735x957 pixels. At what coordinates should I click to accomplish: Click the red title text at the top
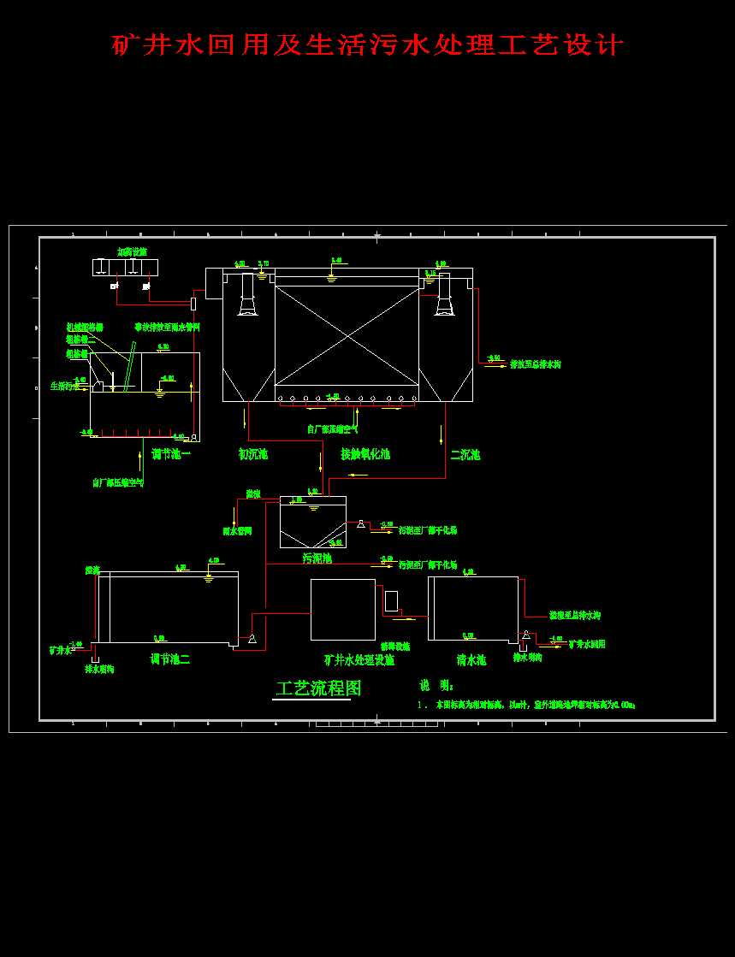(368, 44)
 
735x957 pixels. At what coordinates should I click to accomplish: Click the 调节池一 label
(171, 454)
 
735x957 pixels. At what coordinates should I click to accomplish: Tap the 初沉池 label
(253, 454)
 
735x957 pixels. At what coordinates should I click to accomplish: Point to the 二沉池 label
(465, 454)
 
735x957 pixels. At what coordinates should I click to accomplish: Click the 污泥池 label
(317, 558)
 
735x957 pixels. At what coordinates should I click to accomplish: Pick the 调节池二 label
(170, 659)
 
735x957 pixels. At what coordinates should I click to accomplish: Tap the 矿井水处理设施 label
(359, 660)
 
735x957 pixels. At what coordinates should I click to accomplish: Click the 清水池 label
(471, 660)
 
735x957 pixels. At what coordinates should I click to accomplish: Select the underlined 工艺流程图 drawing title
(318, 688)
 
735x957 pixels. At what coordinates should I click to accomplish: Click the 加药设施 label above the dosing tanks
(132, 252)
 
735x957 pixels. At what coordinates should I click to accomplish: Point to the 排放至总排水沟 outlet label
(536, 365)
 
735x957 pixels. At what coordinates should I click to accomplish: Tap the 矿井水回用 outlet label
(587, 644)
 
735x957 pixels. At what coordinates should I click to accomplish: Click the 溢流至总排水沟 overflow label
(575, 616)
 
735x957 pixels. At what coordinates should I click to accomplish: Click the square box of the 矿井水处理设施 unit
(342, 609)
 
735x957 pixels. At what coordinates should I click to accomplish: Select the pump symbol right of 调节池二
(252, 639)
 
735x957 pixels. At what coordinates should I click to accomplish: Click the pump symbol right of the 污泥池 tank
(361, 523)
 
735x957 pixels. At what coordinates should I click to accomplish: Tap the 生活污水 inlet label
(64, 386)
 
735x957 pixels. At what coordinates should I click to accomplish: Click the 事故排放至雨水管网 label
(167, 327)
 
